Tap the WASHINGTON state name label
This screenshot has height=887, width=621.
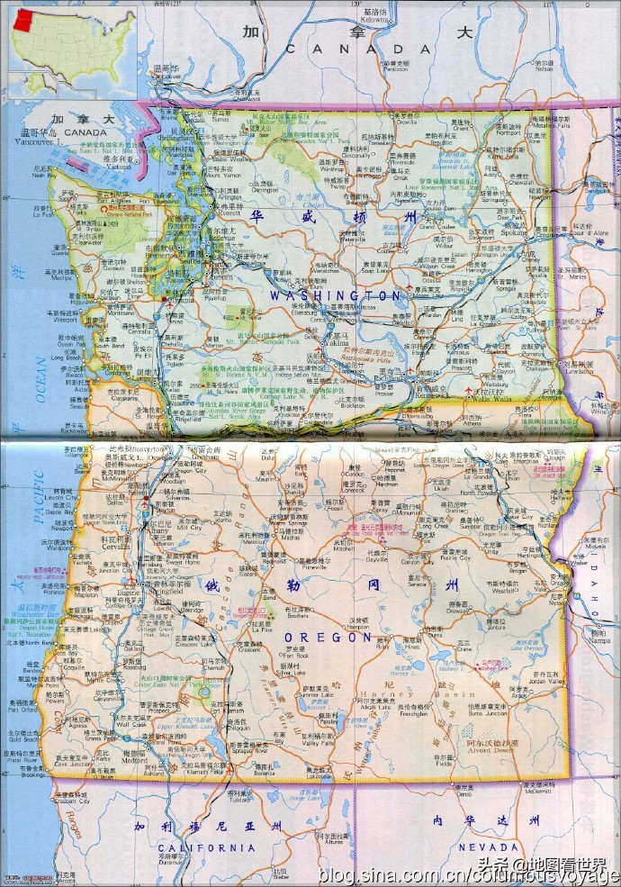pyautogui.click(x=336, y=295)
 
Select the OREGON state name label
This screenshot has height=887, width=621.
pyautogui.click(x=341, y=637)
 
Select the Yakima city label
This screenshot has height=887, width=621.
pyautogui.click(x=336, y=343)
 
